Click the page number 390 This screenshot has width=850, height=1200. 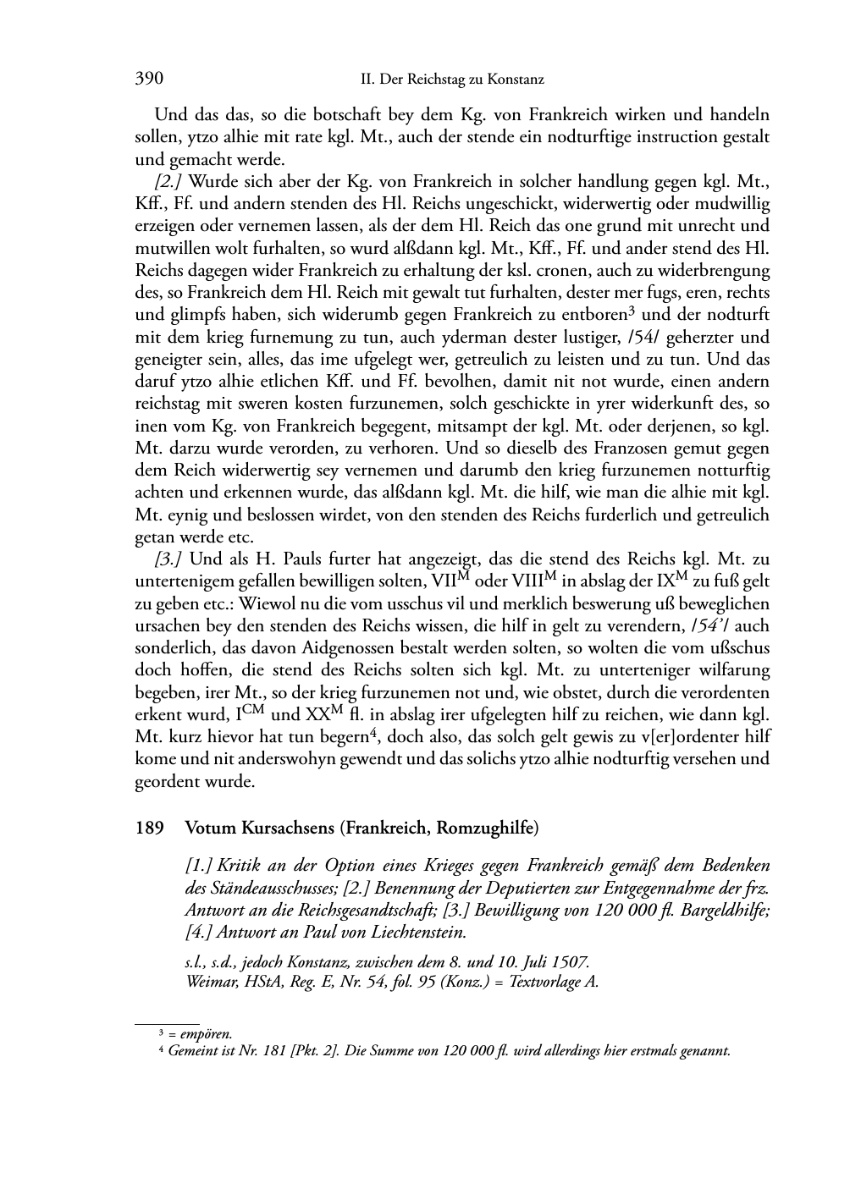pyautogui.click(x=149, y=79)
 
